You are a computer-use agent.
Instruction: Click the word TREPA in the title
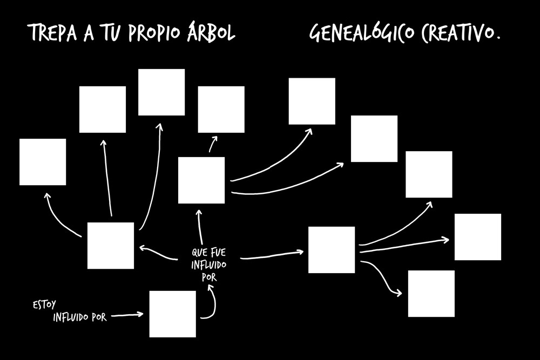[x=53, y=33]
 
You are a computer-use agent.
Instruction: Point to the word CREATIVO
[x=457, y=33]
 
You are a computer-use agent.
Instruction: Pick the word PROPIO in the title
[x=154, y=33]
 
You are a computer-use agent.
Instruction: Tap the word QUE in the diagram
[x=199, y=253]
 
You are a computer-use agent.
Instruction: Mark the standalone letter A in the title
[x=89, y=33]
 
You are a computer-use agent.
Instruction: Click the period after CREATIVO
[x=497, y=38]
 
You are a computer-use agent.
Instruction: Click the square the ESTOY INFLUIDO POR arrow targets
[x=173, y=314]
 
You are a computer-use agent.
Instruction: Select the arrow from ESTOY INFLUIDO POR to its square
[x=127, y=315]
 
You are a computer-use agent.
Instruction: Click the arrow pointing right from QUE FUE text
[x=272, y=255]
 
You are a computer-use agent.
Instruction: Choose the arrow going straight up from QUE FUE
[x=200, y=227]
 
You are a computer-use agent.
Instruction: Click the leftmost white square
[x=43, y=162]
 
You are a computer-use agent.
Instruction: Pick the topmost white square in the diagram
[x=161, y=92]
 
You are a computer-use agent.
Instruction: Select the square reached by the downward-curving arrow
[x=431, y=294]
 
